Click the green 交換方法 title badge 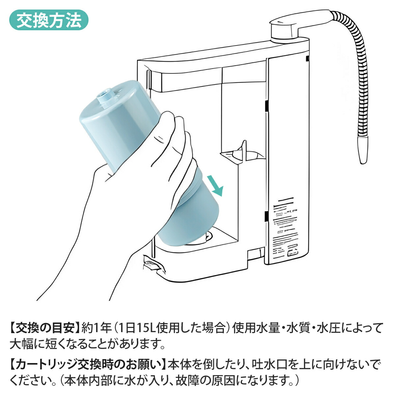[49, 20]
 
